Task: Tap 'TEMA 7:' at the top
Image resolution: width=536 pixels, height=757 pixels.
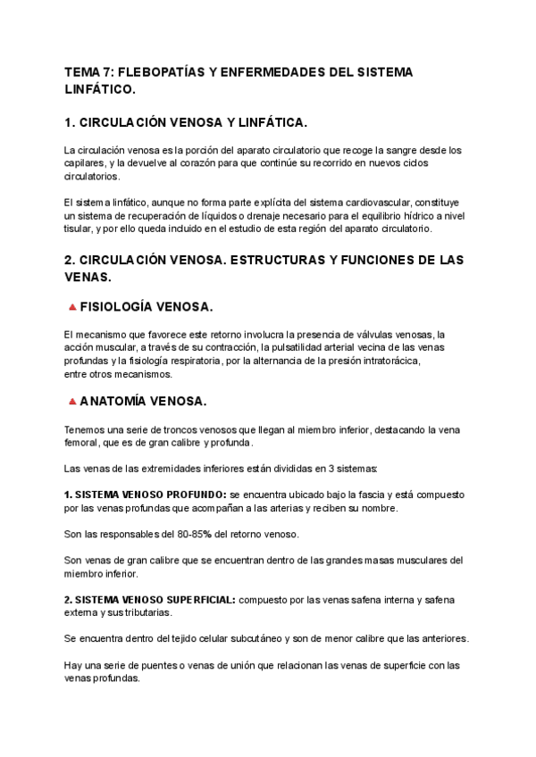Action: click(88, 73)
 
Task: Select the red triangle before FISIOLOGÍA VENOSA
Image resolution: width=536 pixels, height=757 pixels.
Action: click(71, 308)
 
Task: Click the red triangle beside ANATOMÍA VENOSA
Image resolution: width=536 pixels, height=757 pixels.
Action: click(71, 403)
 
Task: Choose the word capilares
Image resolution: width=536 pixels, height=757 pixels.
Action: click(84, 164)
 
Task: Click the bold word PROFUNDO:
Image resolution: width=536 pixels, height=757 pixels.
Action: click(189, 495)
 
